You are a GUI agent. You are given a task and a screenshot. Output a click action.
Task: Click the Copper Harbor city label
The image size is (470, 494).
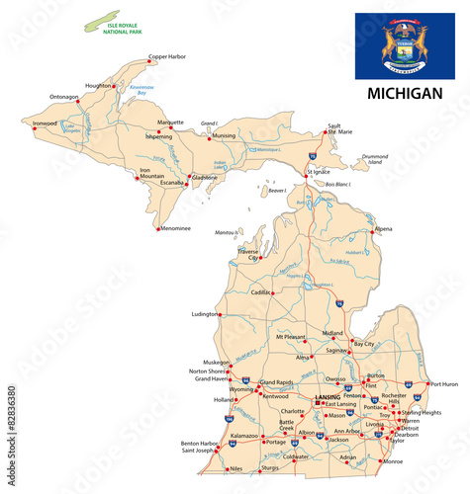167,56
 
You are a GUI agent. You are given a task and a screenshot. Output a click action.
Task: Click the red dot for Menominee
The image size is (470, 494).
158,229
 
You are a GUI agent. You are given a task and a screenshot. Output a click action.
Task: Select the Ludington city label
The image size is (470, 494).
204,314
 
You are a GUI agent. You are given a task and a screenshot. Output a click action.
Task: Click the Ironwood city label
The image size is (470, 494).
45,123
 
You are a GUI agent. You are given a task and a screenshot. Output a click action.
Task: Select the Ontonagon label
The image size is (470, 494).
64,97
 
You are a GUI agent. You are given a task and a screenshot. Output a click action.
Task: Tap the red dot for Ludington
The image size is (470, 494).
220,314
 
